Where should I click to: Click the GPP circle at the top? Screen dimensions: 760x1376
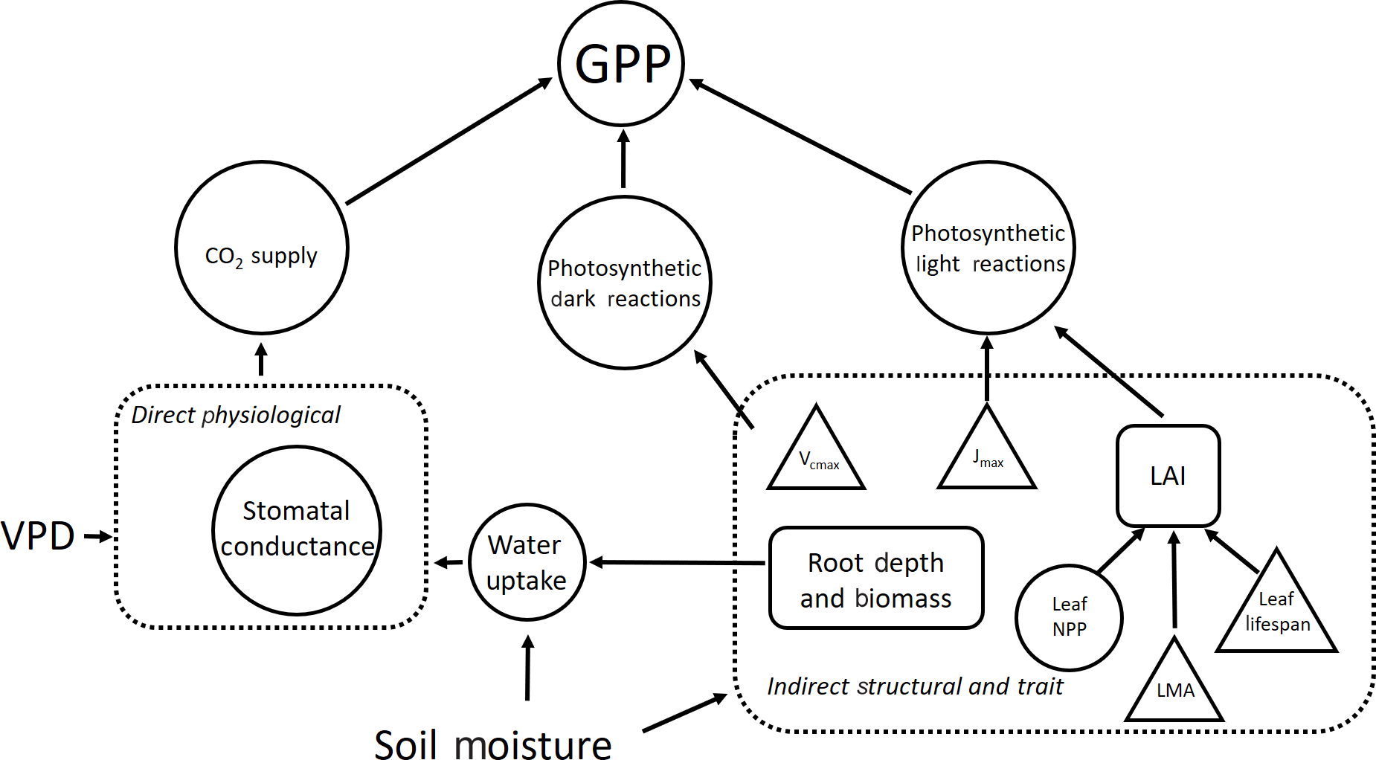(x=621, y=63)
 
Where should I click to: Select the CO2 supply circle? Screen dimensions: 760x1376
(x=262, y=248)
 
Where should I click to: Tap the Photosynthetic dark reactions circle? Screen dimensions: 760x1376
(x=625, y=283)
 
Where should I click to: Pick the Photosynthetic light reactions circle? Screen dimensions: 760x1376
(x=988, y=248)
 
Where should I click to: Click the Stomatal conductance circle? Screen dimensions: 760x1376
(x=297, y=530)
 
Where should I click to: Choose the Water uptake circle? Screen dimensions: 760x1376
(x=527, y=562)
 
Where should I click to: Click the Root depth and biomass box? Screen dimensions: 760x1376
(x=876, y=579)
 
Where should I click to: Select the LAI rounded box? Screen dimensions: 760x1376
(x=1168, y=476)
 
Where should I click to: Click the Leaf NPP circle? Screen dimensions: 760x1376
(x=1069, y=617)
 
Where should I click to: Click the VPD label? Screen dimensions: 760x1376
(x=38, y=535)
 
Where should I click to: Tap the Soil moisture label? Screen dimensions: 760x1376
(x=492, y=744)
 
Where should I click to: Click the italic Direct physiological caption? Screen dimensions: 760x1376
(x=235, y=415)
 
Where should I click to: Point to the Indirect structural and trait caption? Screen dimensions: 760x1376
(x=915, y=686)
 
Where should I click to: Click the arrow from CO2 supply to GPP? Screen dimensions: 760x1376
(x=449, y=141)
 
